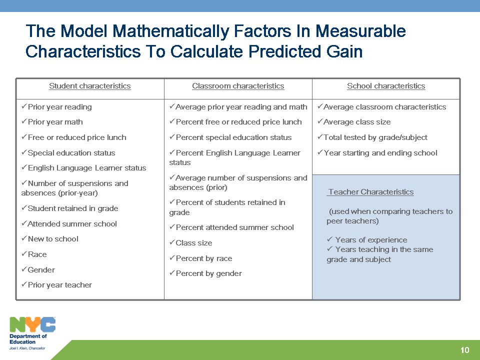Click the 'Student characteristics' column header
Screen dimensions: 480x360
(89, 86)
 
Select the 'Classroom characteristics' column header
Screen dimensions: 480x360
(238, 86)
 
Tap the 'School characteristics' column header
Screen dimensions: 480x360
(386, 86)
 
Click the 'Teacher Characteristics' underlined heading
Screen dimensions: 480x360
(370, 192)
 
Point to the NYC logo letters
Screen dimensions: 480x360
(32, 324)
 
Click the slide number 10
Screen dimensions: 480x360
(464, 350)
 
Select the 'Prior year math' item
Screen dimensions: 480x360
(55, 122)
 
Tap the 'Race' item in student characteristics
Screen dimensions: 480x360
(37, 254)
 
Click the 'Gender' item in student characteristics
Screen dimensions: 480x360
(41, 269)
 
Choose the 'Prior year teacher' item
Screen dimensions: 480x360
(59, 285)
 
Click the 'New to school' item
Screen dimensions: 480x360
(53, 239)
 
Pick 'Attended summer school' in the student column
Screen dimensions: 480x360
(72, 224)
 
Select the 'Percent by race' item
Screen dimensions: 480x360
(204, 258)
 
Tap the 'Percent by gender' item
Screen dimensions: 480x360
(209, 273)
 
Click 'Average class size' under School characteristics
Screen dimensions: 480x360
(357, 122)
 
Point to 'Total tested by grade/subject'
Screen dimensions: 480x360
(375, 137)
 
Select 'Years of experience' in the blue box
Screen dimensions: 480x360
(371, 239)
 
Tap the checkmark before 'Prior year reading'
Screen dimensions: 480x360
(24, 106)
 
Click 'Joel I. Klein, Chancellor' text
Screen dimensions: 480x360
(27, 348)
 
